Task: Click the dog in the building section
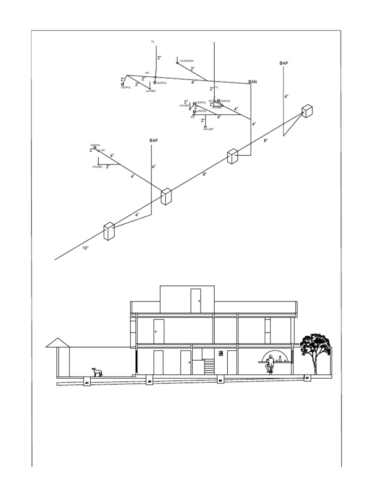(98, 372)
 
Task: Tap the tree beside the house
(315, 348)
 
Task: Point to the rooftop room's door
(196, 300)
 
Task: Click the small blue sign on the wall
(221, 353)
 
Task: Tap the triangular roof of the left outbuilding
(57, 343)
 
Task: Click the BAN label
(253, 82)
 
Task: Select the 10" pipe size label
(85, 248)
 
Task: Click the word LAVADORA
(186, 61)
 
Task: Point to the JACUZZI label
(208, 129)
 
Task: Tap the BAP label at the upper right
(284, 63)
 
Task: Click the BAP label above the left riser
(153, 140)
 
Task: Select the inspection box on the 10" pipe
(108, 231)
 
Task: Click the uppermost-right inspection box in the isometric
(306, 111)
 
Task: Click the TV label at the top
(153, 42)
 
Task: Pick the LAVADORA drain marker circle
(177, 63)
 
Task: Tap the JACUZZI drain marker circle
(205, 126)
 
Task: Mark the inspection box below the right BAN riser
(232, 157)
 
